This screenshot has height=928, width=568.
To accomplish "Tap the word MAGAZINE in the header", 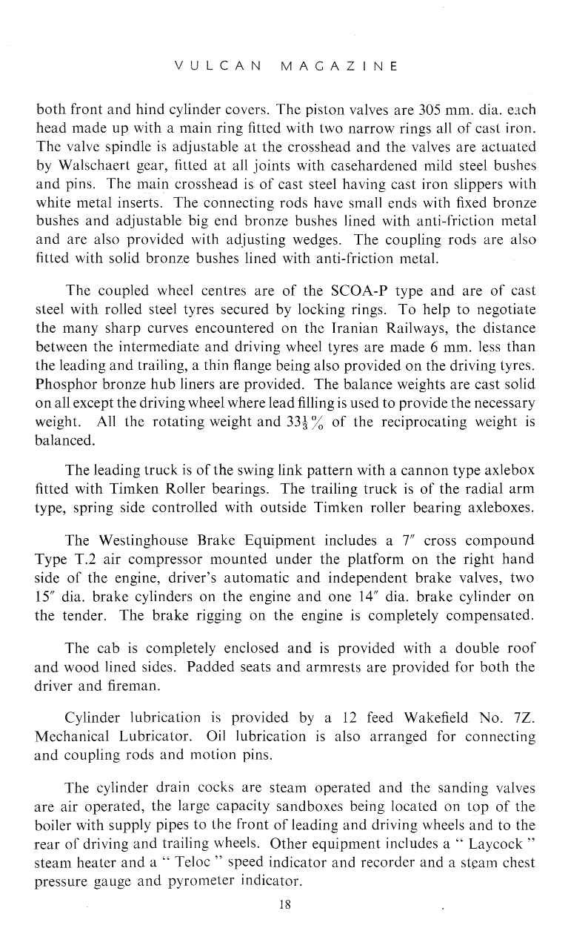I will click(337, 66).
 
